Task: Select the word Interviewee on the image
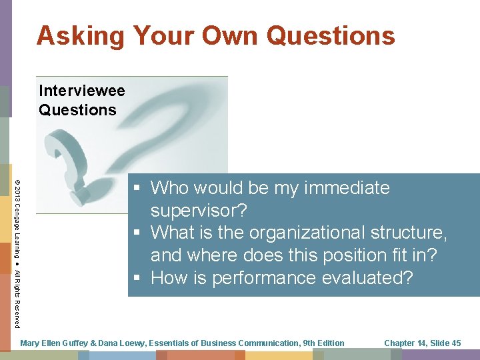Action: [82, 90]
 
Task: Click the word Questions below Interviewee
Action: [77, 110]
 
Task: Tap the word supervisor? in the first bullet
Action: [199, 211]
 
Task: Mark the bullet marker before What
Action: [136, 233]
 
